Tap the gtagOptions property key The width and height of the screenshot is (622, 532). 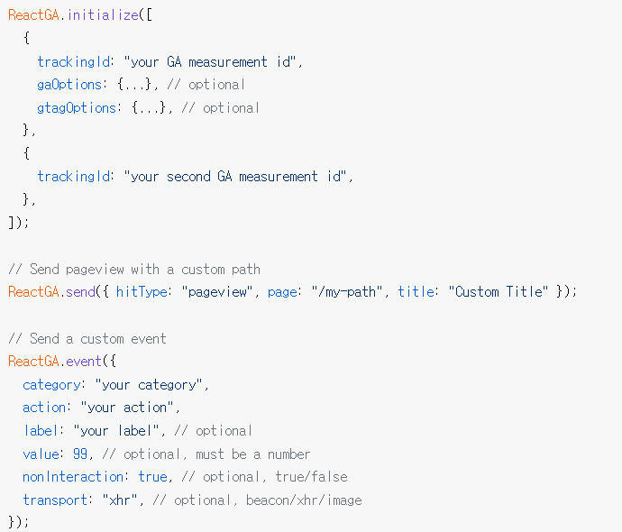[x=77, y=108]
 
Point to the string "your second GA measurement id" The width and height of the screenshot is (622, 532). [x=239, y=177]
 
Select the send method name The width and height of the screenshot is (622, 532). [x=78, y=292]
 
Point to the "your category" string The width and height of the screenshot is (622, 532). [x=151, y=385]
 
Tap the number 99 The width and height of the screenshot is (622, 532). [x=80, y=454]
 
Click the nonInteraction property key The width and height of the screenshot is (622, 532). [x=74, y=477]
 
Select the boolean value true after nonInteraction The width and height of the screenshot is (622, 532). [x=152, y=477]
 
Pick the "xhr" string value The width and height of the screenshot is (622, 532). [x=119, y=500]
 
